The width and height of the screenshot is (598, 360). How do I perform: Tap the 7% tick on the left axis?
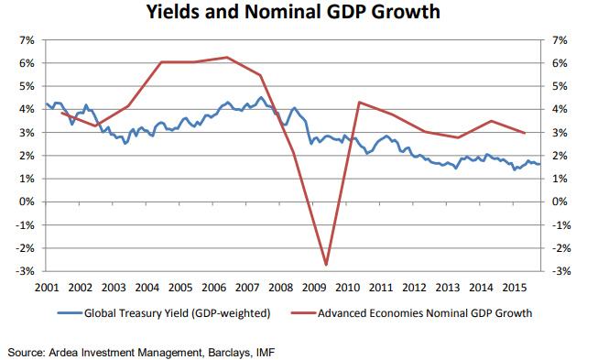pyautogui.click(x=24, y=41)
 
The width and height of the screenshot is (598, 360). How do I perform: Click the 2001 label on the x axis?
pyautogui.click(x=47, y=286)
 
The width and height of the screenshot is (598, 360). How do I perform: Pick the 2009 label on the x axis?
pyautogui.click(x=314, y=286)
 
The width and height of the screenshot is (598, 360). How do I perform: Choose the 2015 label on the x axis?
pyautogui.click(x=515, y=286)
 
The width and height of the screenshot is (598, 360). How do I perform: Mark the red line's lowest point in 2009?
pyautogui.click(x=326, y=265)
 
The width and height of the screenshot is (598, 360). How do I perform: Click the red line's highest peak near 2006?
pyautogui.click(x=226, y=58)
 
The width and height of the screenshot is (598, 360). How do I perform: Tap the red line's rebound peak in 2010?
pyautogui.click(x=359, y=102)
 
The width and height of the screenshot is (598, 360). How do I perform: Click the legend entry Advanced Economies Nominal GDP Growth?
pyautogui.click(x=425, y=313)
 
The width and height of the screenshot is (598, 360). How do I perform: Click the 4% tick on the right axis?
pyautogui.click(x=561, y=110)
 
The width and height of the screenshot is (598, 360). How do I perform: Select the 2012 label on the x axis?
pyautogui.click(x=415, y=286)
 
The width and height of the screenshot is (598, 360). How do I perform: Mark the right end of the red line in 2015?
pyautogui.click(x=524, y=133)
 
